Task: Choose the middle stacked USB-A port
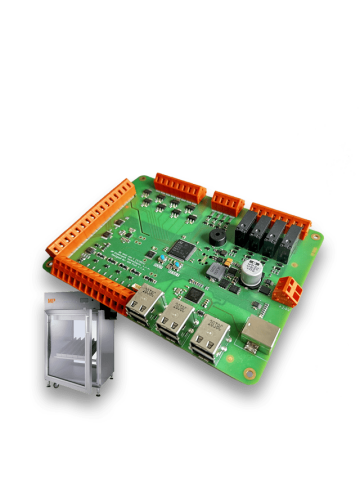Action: pos(178,322)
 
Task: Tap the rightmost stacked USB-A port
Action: pos(211,338)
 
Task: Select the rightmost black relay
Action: pos(289,244)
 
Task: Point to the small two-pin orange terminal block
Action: pos(288,290)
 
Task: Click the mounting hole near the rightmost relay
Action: pos(317,237)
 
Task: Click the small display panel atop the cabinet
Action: pos(84,298)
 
